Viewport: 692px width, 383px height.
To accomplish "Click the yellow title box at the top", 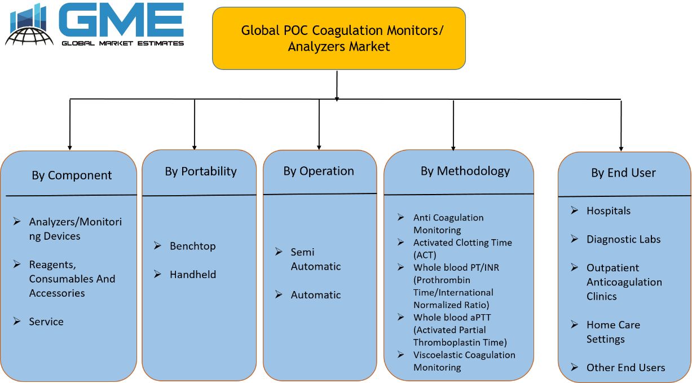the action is pos(339,38).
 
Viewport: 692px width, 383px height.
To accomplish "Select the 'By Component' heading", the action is pos(72,175).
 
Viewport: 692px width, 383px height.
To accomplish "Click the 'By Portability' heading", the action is pos(201,171).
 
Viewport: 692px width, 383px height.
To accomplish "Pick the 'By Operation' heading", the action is pos(319,171).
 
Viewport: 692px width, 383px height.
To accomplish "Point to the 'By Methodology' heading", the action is pos(465,171).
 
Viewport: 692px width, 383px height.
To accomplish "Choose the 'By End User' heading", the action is pos(623,173).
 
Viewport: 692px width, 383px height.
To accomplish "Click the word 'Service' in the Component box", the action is pos(46,322).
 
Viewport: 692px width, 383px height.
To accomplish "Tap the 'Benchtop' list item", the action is pos(193,246).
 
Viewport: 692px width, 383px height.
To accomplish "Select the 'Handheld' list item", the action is pos(193,274).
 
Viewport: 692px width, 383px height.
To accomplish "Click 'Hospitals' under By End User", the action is pos(609,210).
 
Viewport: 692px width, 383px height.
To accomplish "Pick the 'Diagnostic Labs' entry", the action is pos(623,239).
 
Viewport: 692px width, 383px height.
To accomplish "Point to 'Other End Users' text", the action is pos(625,368).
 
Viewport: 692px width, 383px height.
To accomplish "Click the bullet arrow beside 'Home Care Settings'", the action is pos(575,324).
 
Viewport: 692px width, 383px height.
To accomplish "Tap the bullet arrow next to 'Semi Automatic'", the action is pos(279,252).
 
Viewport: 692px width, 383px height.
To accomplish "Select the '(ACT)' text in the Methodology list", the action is pos(425,255).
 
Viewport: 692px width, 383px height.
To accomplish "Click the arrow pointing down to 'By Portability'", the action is pos(195,125).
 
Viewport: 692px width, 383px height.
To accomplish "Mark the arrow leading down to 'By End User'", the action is pos(621,125).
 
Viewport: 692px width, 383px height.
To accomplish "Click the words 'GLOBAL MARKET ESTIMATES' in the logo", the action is pos(122,43).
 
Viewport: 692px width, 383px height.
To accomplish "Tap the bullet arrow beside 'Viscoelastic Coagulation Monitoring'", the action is pos(401,355).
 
